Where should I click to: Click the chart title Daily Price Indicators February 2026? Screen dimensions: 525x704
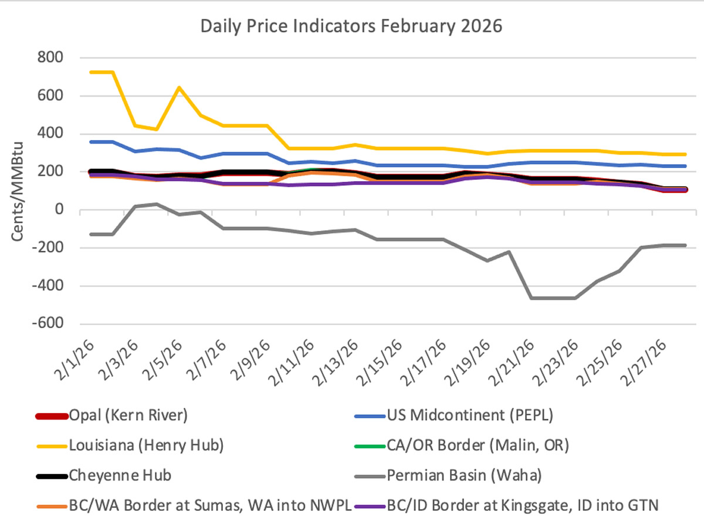coord(351,27)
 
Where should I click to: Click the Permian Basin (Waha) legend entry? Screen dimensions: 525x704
coord(463,475)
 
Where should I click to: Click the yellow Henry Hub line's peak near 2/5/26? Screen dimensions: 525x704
coord(179,87)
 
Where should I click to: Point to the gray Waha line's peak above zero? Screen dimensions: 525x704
coord(156,204)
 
